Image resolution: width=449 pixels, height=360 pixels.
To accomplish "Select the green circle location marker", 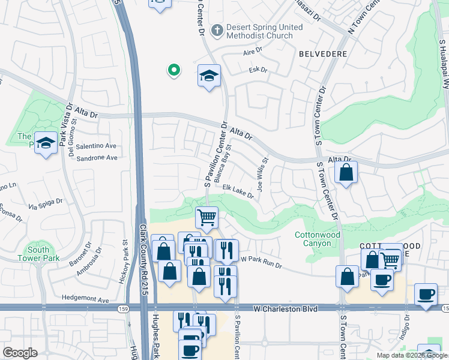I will coord(173,71).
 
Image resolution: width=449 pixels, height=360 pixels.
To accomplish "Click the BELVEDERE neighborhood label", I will coord(322,53).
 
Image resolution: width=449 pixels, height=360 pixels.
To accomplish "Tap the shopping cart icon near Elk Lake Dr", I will coord(206,217).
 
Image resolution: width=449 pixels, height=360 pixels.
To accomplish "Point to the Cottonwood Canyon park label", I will coord(318,239).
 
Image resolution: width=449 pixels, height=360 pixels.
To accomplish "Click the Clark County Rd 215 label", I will coord(144,258).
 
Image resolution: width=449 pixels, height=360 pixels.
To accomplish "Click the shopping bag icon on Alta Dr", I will coord(346,174).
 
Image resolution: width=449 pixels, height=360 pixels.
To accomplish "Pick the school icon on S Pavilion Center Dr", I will coord(209,76).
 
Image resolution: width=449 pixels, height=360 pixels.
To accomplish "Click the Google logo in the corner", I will coord(20,353).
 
